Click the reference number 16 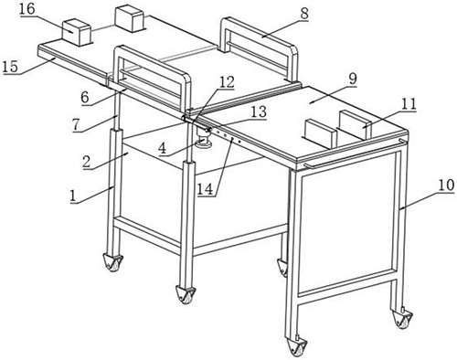(x=27, y=8)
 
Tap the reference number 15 (x=10, y=67)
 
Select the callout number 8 (x=303, y=13)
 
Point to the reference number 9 (x=352, y=79)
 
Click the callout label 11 (x=409, y=104)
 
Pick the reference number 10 (x=446, y=185)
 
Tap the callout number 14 (x=205, y=189)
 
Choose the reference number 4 (x=163, y=149)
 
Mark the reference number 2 (x=87, y=162)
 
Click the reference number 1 (x=72, y=196)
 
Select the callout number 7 (x=77, y=125)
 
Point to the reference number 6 (x=85, y=98)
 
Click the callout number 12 (x=227, y=82)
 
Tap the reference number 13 (x=259, y=111)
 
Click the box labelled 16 (x=77, y=32)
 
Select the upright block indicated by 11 (x=356, y=124)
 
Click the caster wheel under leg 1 (x=113, y=262)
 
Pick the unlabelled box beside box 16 (x=129, y=19)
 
